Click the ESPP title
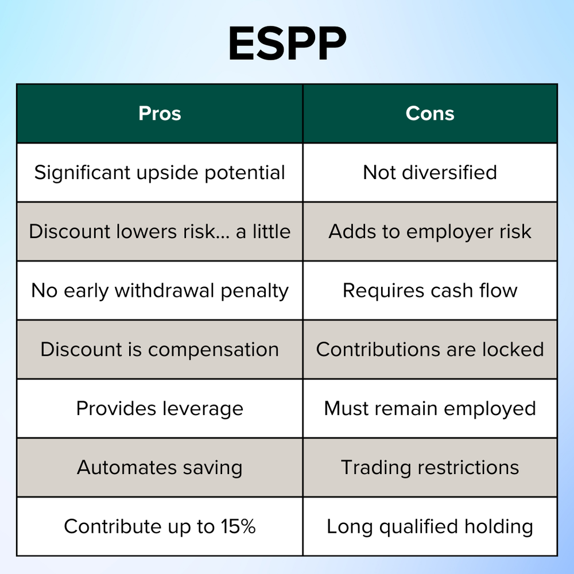coord(287,44)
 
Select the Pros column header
coord(160,114)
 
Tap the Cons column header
coord(430,114)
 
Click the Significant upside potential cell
coord(160,173)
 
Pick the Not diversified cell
coord(430,173)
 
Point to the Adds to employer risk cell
coord(430,231)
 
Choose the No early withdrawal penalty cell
coord(160,290)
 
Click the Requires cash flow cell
coord(430,290)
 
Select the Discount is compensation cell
coord(160,350)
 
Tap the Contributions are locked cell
coord(430,350)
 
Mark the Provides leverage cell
coord(160,409)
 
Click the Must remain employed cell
coord(430,409)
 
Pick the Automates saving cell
coord(160,467)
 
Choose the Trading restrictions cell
coord(430,467)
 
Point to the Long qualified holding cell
coord(430,526)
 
